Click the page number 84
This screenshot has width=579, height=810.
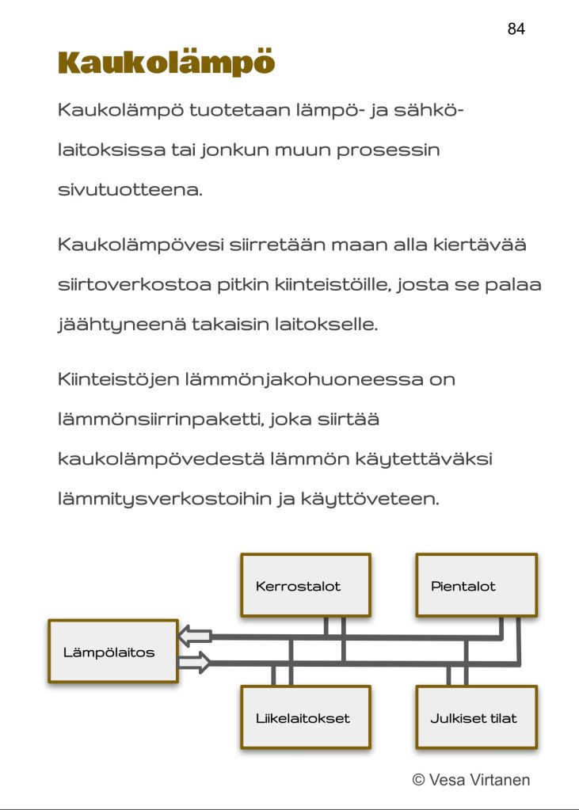[516, 29]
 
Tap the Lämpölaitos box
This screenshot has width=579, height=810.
[112, 652]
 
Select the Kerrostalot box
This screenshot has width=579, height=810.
[305, 586]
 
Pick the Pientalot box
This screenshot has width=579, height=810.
[476, 586]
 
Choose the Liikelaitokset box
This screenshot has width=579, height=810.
[305, 718]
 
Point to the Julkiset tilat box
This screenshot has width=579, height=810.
[476, 718]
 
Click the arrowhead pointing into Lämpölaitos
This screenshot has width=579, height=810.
[193, 635]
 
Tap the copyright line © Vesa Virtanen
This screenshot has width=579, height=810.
[470, 780]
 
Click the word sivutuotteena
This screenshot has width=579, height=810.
[130, 191]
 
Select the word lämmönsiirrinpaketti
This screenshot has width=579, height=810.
[161, 419]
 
